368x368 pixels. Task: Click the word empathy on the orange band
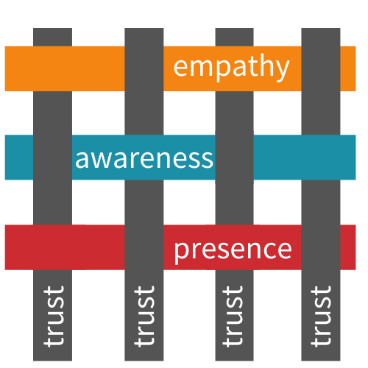pyautogui.click(x=231, y=68)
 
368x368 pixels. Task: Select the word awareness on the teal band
pyautogui.click(x=144, y=159)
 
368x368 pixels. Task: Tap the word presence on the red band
pyautogui.click(x=233, y=250)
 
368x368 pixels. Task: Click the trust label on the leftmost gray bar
pyautogui.click(x=54, y=316)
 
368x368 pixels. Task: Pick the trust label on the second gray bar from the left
pyautogui.click(x=144, y=316)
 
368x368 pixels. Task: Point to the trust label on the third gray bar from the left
pyautogui.click(x=233, y=316)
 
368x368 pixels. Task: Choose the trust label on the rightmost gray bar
pyautogui.click(x=321, y=316)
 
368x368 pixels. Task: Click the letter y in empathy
pyautogui.click(x=280, y=69)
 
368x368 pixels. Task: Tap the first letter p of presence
pyautogui.click(x=182, y=252)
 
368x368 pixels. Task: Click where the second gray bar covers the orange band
pyautogui.click(x=144, y=68)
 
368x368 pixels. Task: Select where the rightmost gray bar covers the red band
pyautogui.click(x=321, y=247)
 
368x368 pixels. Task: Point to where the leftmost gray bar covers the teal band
pyautogui.click(x=52, y=158)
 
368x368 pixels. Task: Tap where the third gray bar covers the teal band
pyautogui.click(x=234, y=158)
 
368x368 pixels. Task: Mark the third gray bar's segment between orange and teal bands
pyautogui.click(x=234, y=113)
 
